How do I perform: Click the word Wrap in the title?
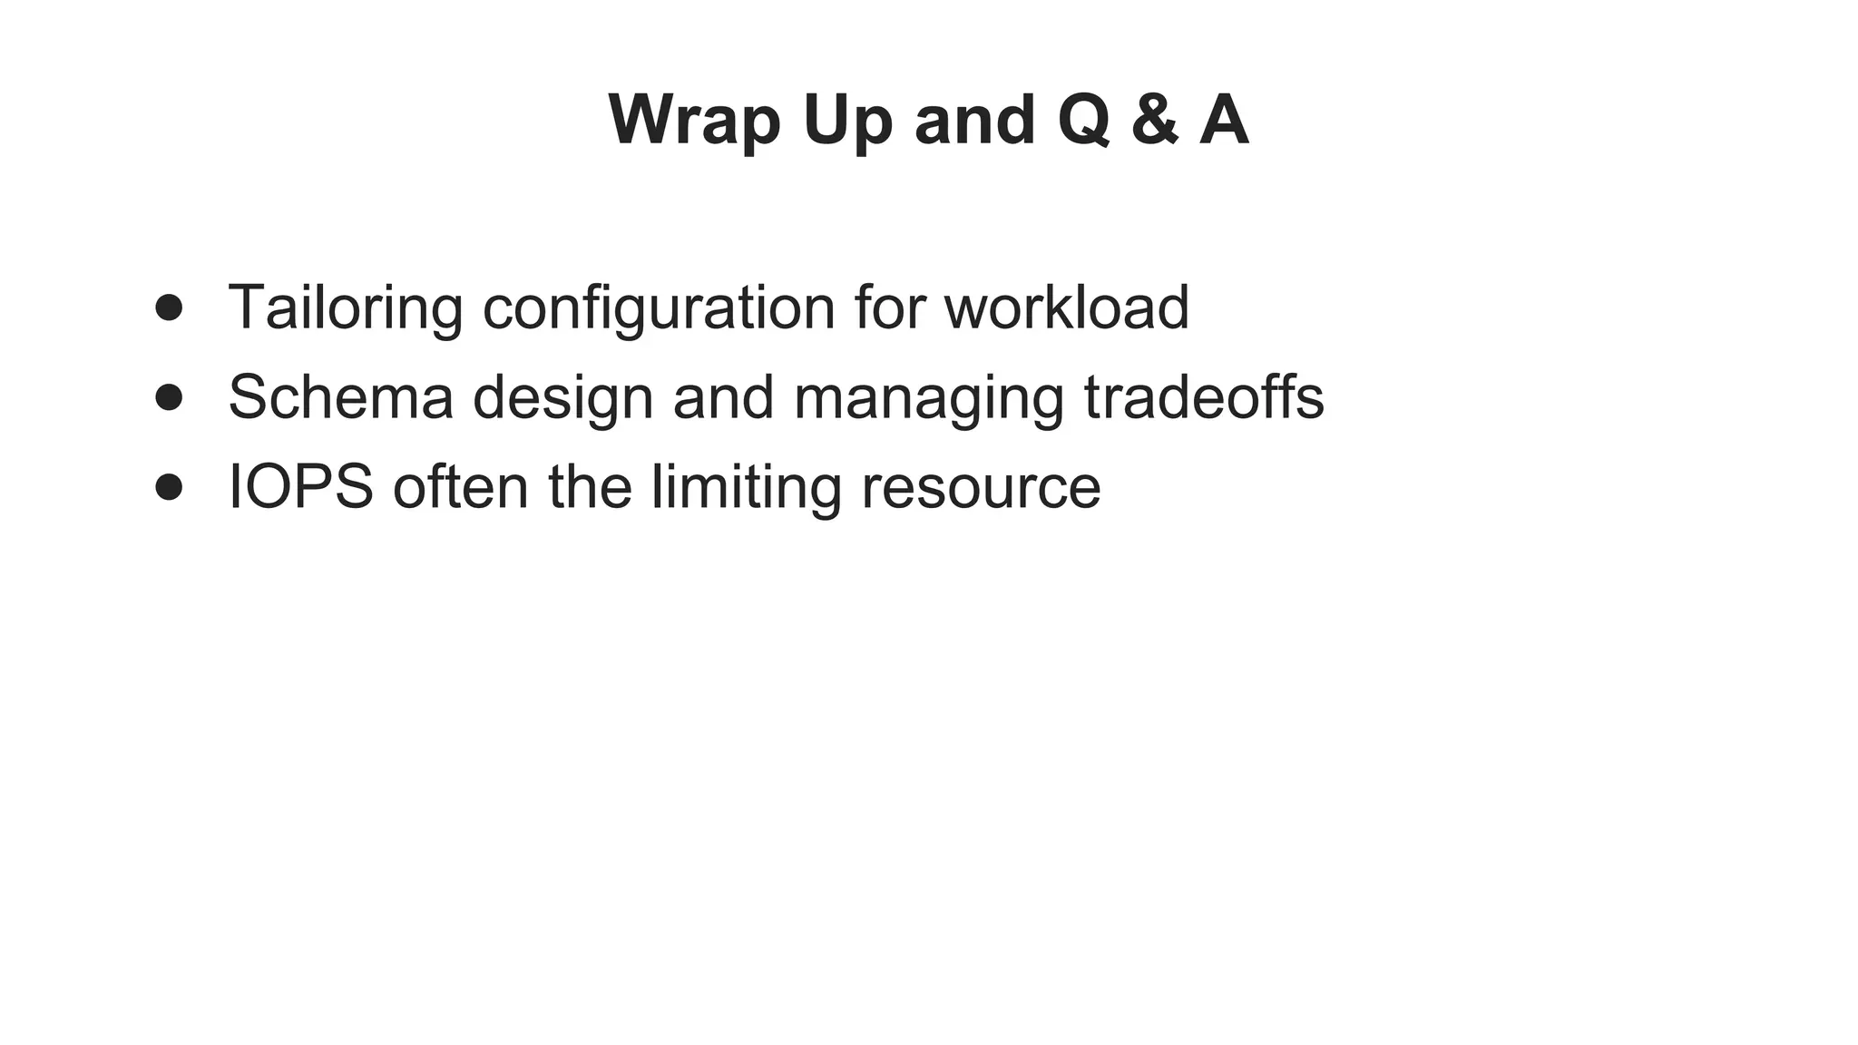pos(694,121)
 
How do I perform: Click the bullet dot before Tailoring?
pos(169,307)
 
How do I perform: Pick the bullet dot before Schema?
pos(169,396)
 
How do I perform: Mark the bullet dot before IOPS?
pos(169,486)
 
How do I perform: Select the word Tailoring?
pos(345,307)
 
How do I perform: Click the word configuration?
pos(659,308)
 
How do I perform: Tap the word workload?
pos(1066,307)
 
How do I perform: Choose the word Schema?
pos(340,396)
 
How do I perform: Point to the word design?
pos(562,398)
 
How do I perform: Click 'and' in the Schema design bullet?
pos(723,396)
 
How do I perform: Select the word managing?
pos(928,398)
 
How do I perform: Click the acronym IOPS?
pos(300,486)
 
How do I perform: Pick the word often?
pos(460,486)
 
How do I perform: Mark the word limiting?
pos(747,488)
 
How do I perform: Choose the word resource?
pos(981,488)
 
